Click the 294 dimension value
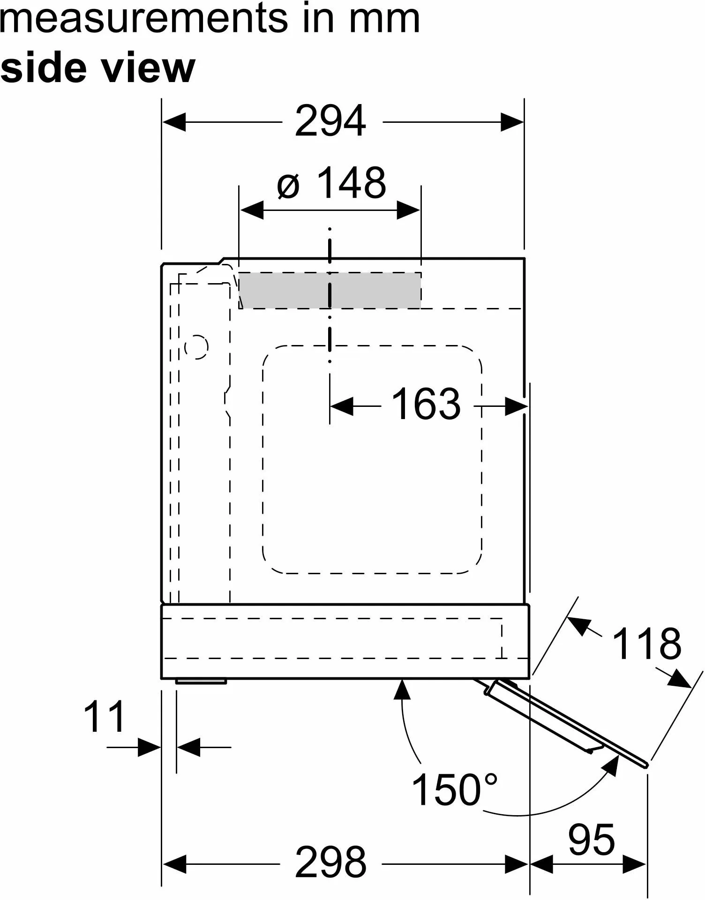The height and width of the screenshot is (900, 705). [x=330, y=121]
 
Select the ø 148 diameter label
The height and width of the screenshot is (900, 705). [x=331, y=183]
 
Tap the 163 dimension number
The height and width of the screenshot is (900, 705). [x=426, y=404]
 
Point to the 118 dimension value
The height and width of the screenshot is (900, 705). [x=646, y=644]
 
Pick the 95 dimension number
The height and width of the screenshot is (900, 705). [x=591, y=840]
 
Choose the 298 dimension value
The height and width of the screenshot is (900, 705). [x=330, y=862]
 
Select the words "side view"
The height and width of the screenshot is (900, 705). [x=97, y=68]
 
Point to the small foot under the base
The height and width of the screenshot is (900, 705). [x=201, y=681]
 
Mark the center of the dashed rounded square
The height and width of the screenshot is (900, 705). [x=372, y=459]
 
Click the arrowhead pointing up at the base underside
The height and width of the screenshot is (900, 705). [x=402, y=690]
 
